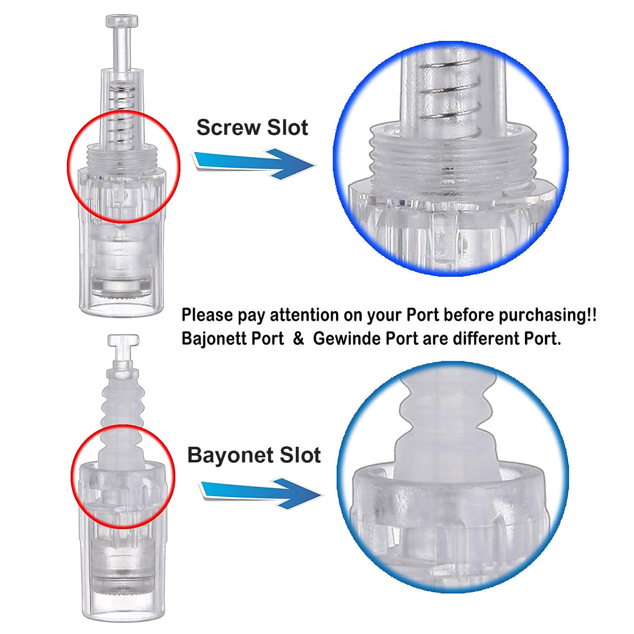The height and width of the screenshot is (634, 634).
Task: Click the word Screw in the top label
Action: [x=229, y=127]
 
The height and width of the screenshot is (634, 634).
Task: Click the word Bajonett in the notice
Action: [x=233, y=339]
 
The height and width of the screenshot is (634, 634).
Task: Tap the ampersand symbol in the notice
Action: [x=299, y=339]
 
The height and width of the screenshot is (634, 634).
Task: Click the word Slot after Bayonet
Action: [x=301, y=455]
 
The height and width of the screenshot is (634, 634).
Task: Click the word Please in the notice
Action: [x=207, y=315]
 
